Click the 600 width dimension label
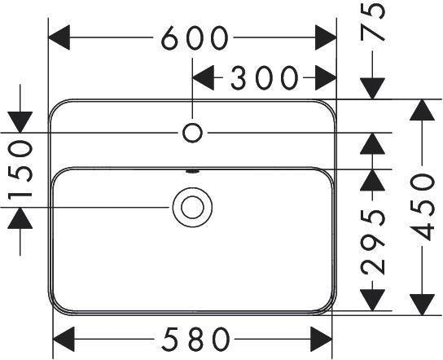pyautogui.click(x=195, y=37)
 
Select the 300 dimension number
pyautogui.click(x=265, y=77)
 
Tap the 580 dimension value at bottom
pyautogui.click(x=196, y=339)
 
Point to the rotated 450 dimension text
pyautogui.click(x=422, y=207)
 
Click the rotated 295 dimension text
pyautogui.click(x=373, y=243)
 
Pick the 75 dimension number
pyautogui.click(x=373, y=23)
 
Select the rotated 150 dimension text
pyautogui.click(x=20, y=170)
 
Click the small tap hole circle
pyautogui.click(x=192, y=133)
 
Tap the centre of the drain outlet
pyautogui.click(x=192, y=207)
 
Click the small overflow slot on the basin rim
pyautogui.click(x=192, y=171)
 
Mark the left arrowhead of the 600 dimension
pyautogui.click(x=59, y=37)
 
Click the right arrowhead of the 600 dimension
pyautogui.click(x=326, y=37)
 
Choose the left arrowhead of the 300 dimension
pyautogui.click(x=203, y=77)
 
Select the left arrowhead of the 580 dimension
pyautogui.click(x=64, y=339)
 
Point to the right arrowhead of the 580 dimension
pyautogui.click(x=321, y=339)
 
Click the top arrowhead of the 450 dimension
pyautogui.click(x=422, y=110)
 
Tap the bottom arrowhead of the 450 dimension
pyautogui.click(x=422, y=305)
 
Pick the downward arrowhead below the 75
pyautogui.click(x=373, y=89)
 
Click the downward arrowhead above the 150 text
pyautogui.click(x=20, y=122)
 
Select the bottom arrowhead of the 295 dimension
pyautogui.click(x=373, y=300)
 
